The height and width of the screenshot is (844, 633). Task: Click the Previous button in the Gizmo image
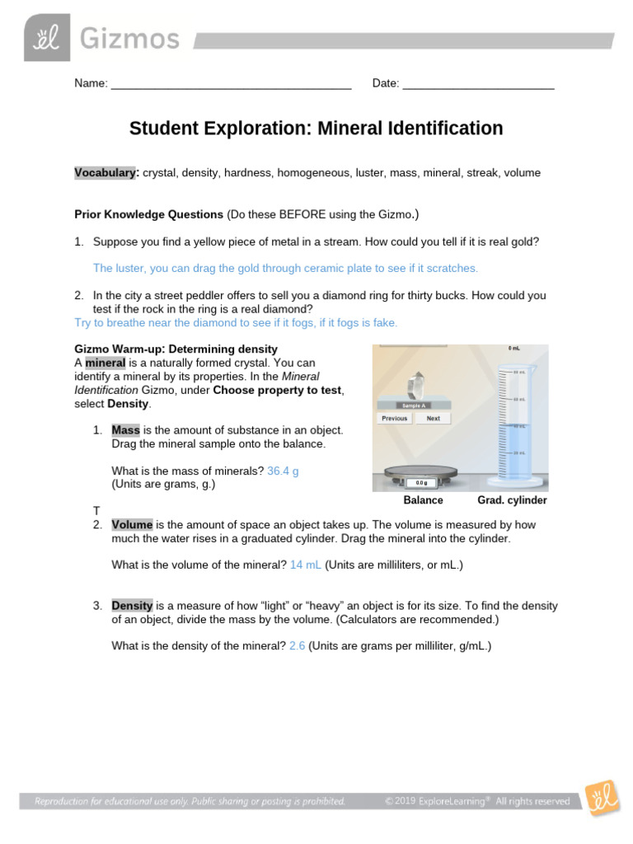[x=395, y=418]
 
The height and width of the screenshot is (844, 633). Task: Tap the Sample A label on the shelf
[x=414, y=406]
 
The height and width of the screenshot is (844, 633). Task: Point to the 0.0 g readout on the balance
[x=420, y=483]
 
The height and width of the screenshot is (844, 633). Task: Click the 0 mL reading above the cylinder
[x=513, y=349]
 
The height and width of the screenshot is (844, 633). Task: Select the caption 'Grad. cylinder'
[x=512, y=500]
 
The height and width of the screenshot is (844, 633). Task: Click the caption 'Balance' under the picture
[x=423, y=500]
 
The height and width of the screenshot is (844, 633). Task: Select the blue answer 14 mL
[x=306, y=565]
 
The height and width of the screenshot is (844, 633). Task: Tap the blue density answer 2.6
[x=298, y=646]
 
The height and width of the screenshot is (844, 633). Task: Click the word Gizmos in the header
[x=129, y=39]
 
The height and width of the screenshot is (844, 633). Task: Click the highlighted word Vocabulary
[x=105, y=173]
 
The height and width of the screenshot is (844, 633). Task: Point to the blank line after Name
[x=231, y=83]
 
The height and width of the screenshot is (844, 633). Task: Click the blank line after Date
[x=478, y=83]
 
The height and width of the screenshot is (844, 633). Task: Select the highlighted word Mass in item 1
[x=126, y=430]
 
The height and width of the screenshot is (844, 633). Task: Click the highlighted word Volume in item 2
[x=132, y=524]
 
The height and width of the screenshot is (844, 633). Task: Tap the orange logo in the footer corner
[x=603, y=798]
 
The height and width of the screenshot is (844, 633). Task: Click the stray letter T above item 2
[x=96, y=512]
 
